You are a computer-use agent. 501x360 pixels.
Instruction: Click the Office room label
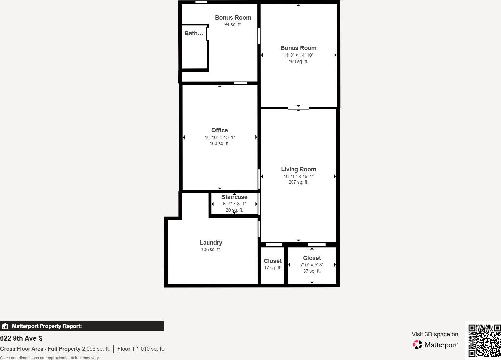219,130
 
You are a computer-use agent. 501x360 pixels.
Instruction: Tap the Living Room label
298,169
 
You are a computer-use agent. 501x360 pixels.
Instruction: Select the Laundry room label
211,243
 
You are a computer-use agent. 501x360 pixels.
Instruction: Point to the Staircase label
234,197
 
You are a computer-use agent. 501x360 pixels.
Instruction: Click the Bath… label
194,33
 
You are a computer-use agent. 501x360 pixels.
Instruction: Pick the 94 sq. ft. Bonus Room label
233,18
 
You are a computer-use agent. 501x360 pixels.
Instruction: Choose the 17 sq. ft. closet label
272,261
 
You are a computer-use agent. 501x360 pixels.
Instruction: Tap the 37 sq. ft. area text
312,271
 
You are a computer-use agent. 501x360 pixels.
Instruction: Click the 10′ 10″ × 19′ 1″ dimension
298,176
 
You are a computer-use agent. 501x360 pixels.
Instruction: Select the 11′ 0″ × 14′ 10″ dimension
298,55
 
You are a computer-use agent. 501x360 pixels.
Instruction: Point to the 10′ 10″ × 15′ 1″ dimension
219,137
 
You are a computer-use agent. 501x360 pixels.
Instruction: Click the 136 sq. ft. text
211,249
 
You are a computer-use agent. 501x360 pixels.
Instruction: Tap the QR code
484,340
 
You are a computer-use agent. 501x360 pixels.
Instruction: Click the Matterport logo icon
417,345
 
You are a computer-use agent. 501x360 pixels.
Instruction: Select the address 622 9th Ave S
21,338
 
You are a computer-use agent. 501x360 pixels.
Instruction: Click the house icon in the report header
5,326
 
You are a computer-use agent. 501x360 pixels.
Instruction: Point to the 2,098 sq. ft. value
96,349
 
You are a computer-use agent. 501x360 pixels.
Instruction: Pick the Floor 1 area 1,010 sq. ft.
150,349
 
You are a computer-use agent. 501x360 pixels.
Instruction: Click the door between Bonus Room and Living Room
298,108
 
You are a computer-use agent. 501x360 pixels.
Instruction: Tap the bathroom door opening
208,34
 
